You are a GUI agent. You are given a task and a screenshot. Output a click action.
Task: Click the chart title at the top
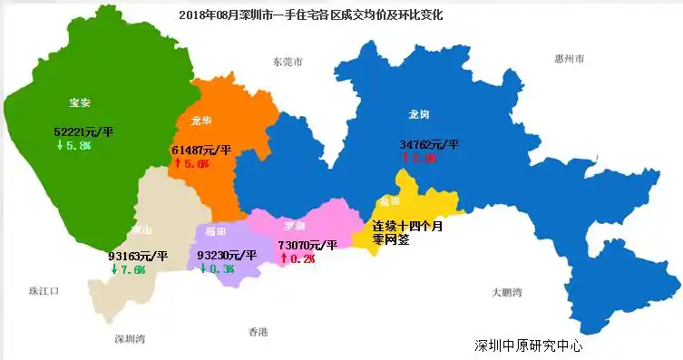point(317,15)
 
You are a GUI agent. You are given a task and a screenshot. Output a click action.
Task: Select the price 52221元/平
point(84,131)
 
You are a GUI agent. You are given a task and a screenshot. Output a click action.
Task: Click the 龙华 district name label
point(202,119)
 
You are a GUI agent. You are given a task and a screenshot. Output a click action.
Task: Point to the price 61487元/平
point(201,150)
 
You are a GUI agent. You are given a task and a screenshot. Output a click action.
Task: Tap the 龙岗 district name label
point(419,114)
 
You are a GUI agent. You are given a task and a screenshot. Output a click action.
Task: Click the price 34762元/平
point(430,144)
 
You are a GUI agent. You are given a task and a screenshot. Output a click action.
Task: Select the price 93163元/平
point(138,257)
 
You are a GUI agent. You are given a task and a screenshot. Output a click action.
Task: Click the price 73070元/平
point(308,246)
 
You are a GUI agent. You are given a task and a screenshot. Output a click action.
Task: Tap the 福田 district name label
point(216,232)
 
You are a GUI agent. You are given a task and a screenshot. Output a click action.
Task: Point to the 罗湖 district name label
point(294,225)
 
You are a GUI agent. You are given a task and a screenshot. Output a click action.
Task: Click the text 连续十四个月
point(408,227)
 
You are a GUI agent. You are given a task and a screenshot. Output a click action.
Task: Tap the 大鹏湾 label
point(507,293)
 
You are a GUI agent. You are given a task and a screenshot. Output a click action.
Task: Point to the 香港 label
point(259,332)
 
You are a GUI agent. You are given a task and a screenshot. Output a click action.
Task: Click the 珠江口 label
point(44,291)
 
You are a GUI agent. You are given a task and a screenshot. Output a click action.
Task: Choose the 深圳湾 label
point(131,340)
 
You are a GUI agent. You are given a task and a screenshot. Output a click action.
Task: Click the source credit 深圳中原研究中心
point(528,345)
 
